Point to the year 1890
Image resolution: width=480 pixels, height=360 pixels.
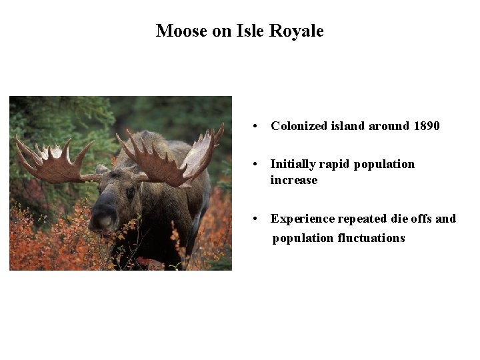[x=426, y=126]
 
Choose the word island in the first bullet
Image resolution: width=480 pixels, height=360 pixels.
[x=348, y=126]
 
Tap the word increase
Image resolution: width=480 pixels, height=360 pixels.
[x=294, y=180]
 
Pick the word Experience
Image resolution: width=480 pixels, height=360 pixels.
[x=302, y=219]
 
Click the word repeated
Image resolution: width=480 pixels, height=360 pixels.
[x=363, y=219]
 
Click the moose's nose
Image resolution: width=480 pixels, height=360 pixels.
[x=103, y=220]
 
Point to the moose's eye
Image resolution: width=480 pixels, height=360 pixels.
[x=130, y=192]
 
